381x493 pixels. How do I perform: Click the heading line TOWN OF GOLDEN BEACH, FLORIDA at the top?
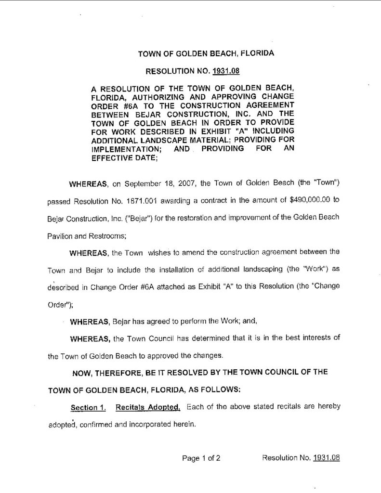[x=206, y=54]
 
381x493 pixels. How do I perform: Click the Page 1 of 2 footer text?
[x=201, y=458]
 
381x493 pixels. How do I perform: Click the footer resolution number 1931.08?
[x=327, y=458]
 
